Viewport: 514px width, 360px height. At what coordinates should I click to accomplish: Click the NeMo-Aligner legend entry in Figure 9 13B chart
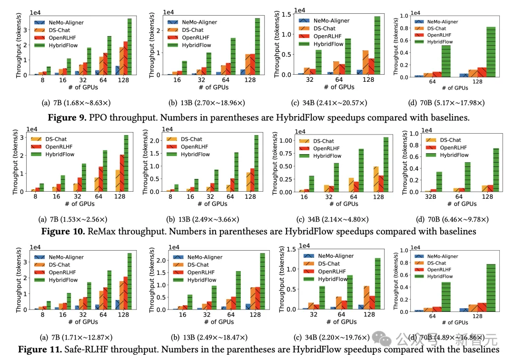192,22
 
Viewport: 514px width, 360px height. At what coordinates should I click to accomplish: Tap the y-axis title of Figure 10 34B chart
275,163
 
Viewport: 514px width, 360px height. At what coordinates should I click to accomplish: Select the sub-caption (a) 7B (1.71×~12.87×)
77,337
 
